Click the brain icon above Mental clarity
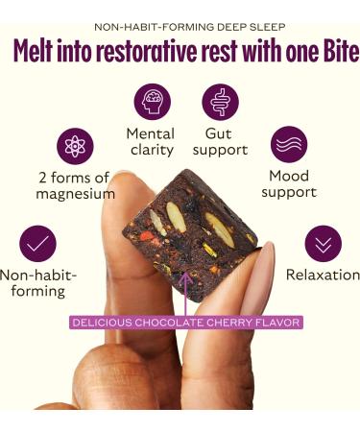click(x=151, y=102)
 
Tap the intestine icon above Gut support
click(x=220, y=102)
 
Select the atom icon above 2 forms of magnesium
click(x=75, y=146)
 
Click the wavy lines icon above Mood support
click(x=289, y=146)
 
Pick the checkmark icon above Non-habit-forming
click(x=38, y=243)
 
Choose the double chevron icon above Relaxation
click(x=323, y=243)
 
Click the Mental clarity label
click(x=151, y=141)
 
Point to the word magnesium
click(x=75, y=195)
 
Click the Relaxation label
click(x=322, y=275)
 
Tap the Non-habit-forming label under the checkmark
click(x=38, y=282)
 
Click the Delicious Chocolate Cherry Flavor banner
click(x=186, y=323)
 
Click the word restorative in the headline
click(x=159, y=51)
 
